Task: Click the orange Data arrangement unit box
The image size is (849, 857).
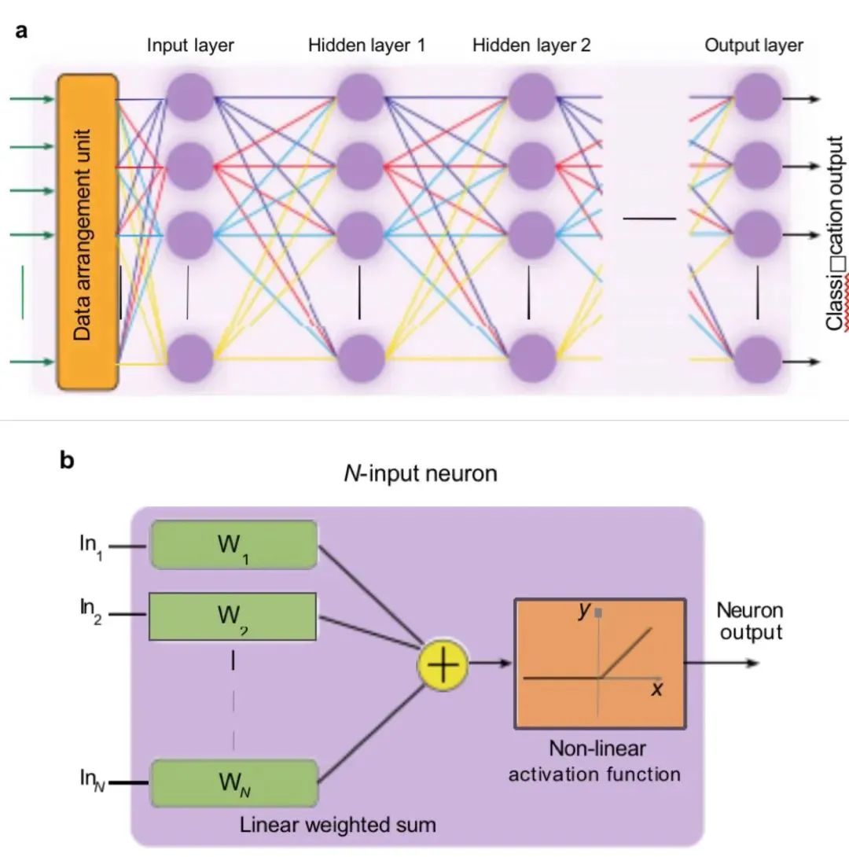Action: click(x=87, y=232)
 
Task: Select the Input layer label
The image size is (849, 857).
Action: click(x=190, y=45)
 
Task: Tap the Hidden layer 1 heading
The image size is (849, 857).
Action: click(x=366, y=45)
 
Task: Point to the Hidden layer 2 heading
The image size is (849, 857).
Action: click(x=531, y=45)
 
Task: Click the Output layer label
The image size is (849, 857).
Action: click(x=754, y=45)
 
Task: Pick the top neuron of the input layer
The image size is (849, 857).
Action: click(x=190, y=98)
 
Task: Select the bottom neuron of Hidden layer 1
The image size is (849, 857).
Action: click(x=362, y=358)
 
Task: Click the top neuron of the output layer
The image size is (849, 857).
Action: click(x=757, y=98)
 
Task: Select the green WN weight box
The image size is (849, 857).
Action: click(x=233, y=783)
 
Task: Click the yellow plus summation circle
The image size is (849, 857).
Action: click(x=442, y=665)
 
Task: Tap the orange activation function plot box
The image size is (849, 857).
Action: click(x=600, y=663)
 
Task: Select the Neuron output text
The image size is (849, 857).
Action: click(x=749, y=621)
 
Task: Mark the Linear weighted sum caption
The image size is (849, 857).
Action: click(x=337, y=825)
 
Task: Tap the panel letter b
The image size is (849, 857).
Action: click(x=67, y=460)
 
